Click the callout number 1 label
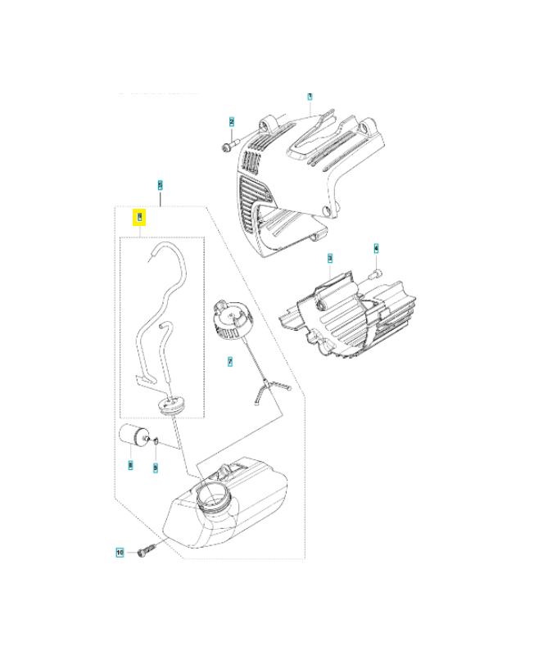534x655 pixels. [x=310, y=97]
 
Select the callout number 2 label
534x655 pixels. [x=232, y=122]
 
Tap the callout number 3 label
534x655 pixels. [x=330, y=258]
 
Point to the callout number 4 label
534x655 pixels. [x=377, y=247]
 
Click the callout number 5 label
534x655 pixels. [x=161, y=184]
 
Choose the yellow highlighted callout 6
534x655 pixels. [x=140, y=218]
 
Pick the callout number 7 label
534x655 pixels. [x=230, y=360]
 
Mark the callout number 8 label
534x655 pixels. [x=130, y=464]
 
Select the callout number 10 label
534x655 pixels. [x=120, y=553]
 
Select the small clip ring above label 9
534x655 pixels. [x=155, y=442]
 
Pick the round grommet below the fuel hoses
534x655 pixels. [x=173, y=406]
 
